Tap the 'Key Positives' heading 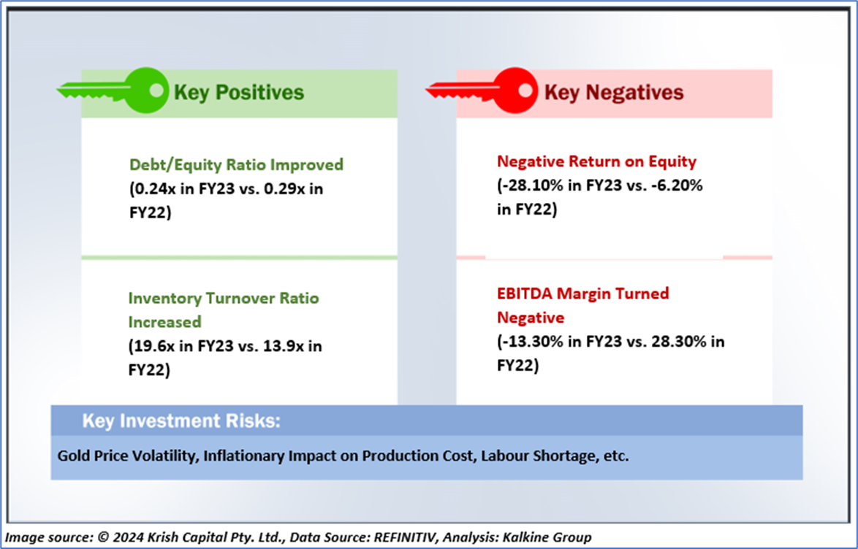coord(238,92)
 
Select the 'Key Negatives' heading coord(614,92)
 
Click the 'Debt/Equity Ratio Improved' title coord(236,164)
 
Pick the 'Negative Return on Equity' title coord(597,161)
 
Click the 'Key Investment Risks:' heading coord(181,421)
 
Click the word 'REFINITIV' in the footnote coord(406,537)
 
